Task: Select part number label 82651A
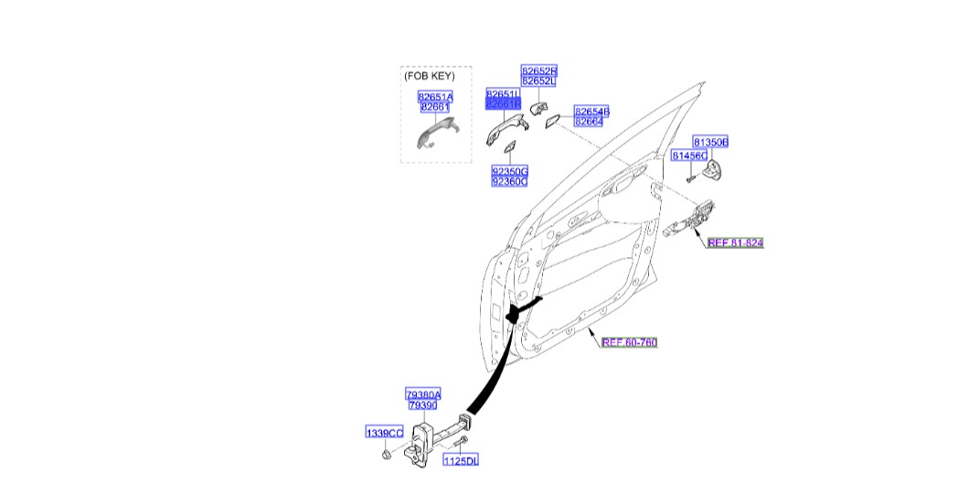point(435,96)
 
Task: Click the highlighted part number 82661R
point(502,105)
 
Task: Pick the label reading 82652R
point(539,70)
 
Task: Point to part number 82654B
point(591,112)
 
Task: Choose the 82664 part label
point(589,122)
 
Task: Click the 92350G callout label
point(509,171)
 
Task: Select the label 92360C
point(509,181)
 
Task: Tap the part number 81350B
point(709,143)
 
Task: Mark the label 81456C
point(688,156)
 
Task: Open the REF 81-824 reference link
point(735,242)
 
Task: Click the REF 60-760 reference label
point(629,342)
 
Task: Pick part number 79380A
point(423,394)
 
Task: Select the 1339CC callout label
point(384,432)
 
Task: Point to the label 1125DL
point(461,460)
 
